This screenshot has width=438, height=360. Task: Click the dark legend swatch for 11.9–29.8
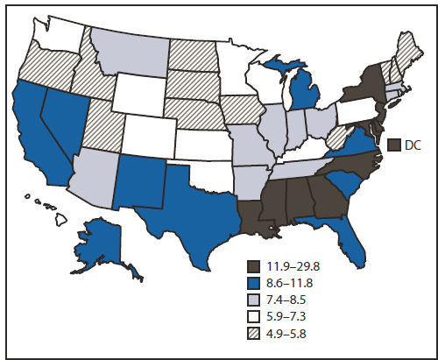255,265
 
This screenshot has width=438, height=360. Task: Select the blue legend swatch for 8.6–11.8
255,282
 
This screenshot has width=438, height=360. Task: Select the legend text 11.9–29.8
297,265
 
